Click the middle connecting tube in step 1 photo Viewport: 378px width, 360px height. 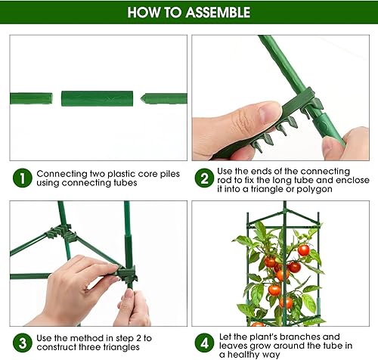pos(97,98)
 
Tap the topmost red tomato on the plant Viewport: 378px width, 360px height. pos(304,250)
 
